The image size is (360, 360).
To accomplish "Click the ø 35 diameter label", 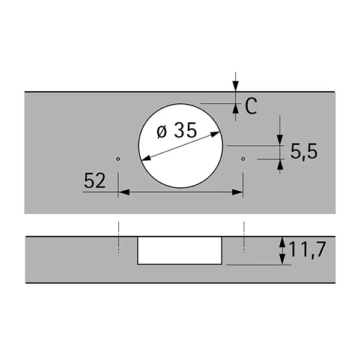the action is pos(177,130).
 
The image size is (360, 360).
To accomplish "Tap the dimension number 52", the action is pos(95,181).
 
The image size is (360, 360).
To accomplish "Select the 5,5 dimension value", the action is pos(304,152).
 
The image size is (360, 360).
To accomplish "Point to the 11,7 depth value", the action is pos(308,250).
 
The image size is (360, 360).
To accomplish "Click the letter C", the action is pos(251,106).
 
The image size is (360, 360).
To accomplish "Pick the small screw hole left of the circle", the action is pos(118,159).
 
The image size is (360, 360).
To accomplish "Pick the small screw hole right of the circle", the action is pos(243,159).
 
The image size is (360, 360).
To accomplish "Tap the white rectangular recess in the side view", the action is pos(179,250).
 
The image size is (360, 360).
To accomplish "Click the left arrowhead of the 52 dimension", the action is pos(124,192).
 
